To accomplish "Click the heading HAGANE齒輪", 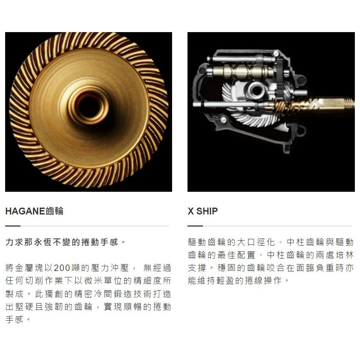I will point(34,211).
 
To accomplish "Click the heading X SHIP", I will point(202,211).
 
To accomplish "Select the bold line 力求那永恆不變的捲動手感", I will point(65,242).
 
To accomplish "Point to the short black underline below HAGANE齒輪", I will point(12,226).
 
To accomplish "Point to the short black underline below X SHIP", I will point(195,226).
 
